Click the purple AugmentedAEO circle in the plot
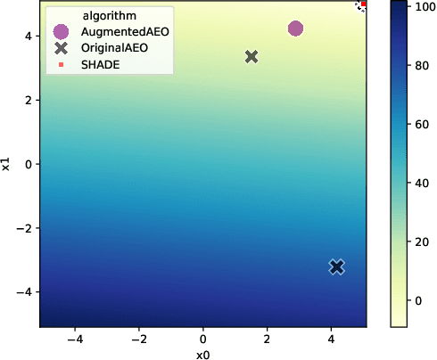point(296,29)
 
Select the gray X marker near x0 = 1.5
point(251,56)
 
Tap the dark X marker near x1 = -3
point(336,266)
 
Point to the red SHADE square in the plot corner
point(364,4)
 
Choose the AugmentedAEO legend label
point(125,31)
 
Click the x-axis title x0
point(202,354)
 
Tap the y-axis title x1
point(7,164)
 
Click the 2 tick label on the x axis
point(268,340)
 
